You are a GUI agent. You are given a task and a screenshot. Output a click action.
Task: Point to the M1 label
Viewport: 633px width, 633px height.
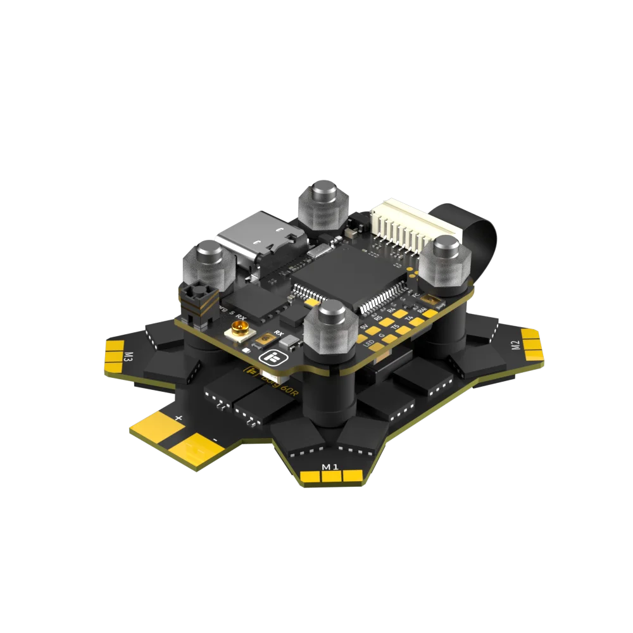pos(330,467)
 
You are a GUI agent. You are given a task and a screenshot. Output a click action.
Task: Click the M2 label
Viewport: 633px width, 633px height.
pos(515,346)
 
